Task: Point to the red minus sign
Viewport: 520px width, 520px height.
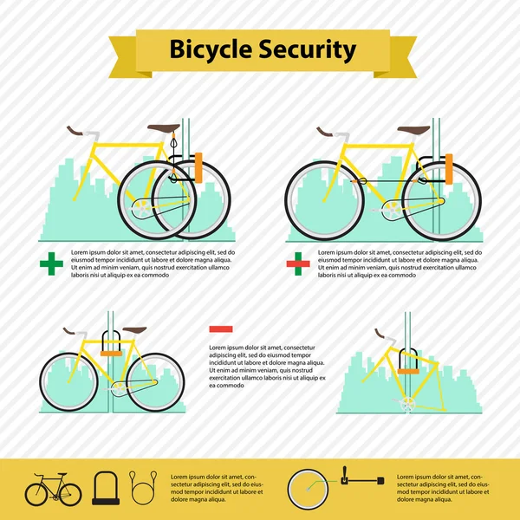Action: (x=221, y=328)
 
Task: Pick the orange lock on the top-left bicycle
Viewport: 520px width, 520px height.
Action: (x=198, y=167)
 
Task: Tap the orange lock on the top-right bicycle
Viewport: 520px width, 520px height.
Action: (x=450, y=169)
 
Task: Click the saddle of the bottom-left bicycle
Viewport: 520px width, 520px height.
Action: (x=136, y=330)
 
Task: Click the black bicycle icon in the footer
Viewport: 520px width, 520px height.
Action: (x=53, y=491)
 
